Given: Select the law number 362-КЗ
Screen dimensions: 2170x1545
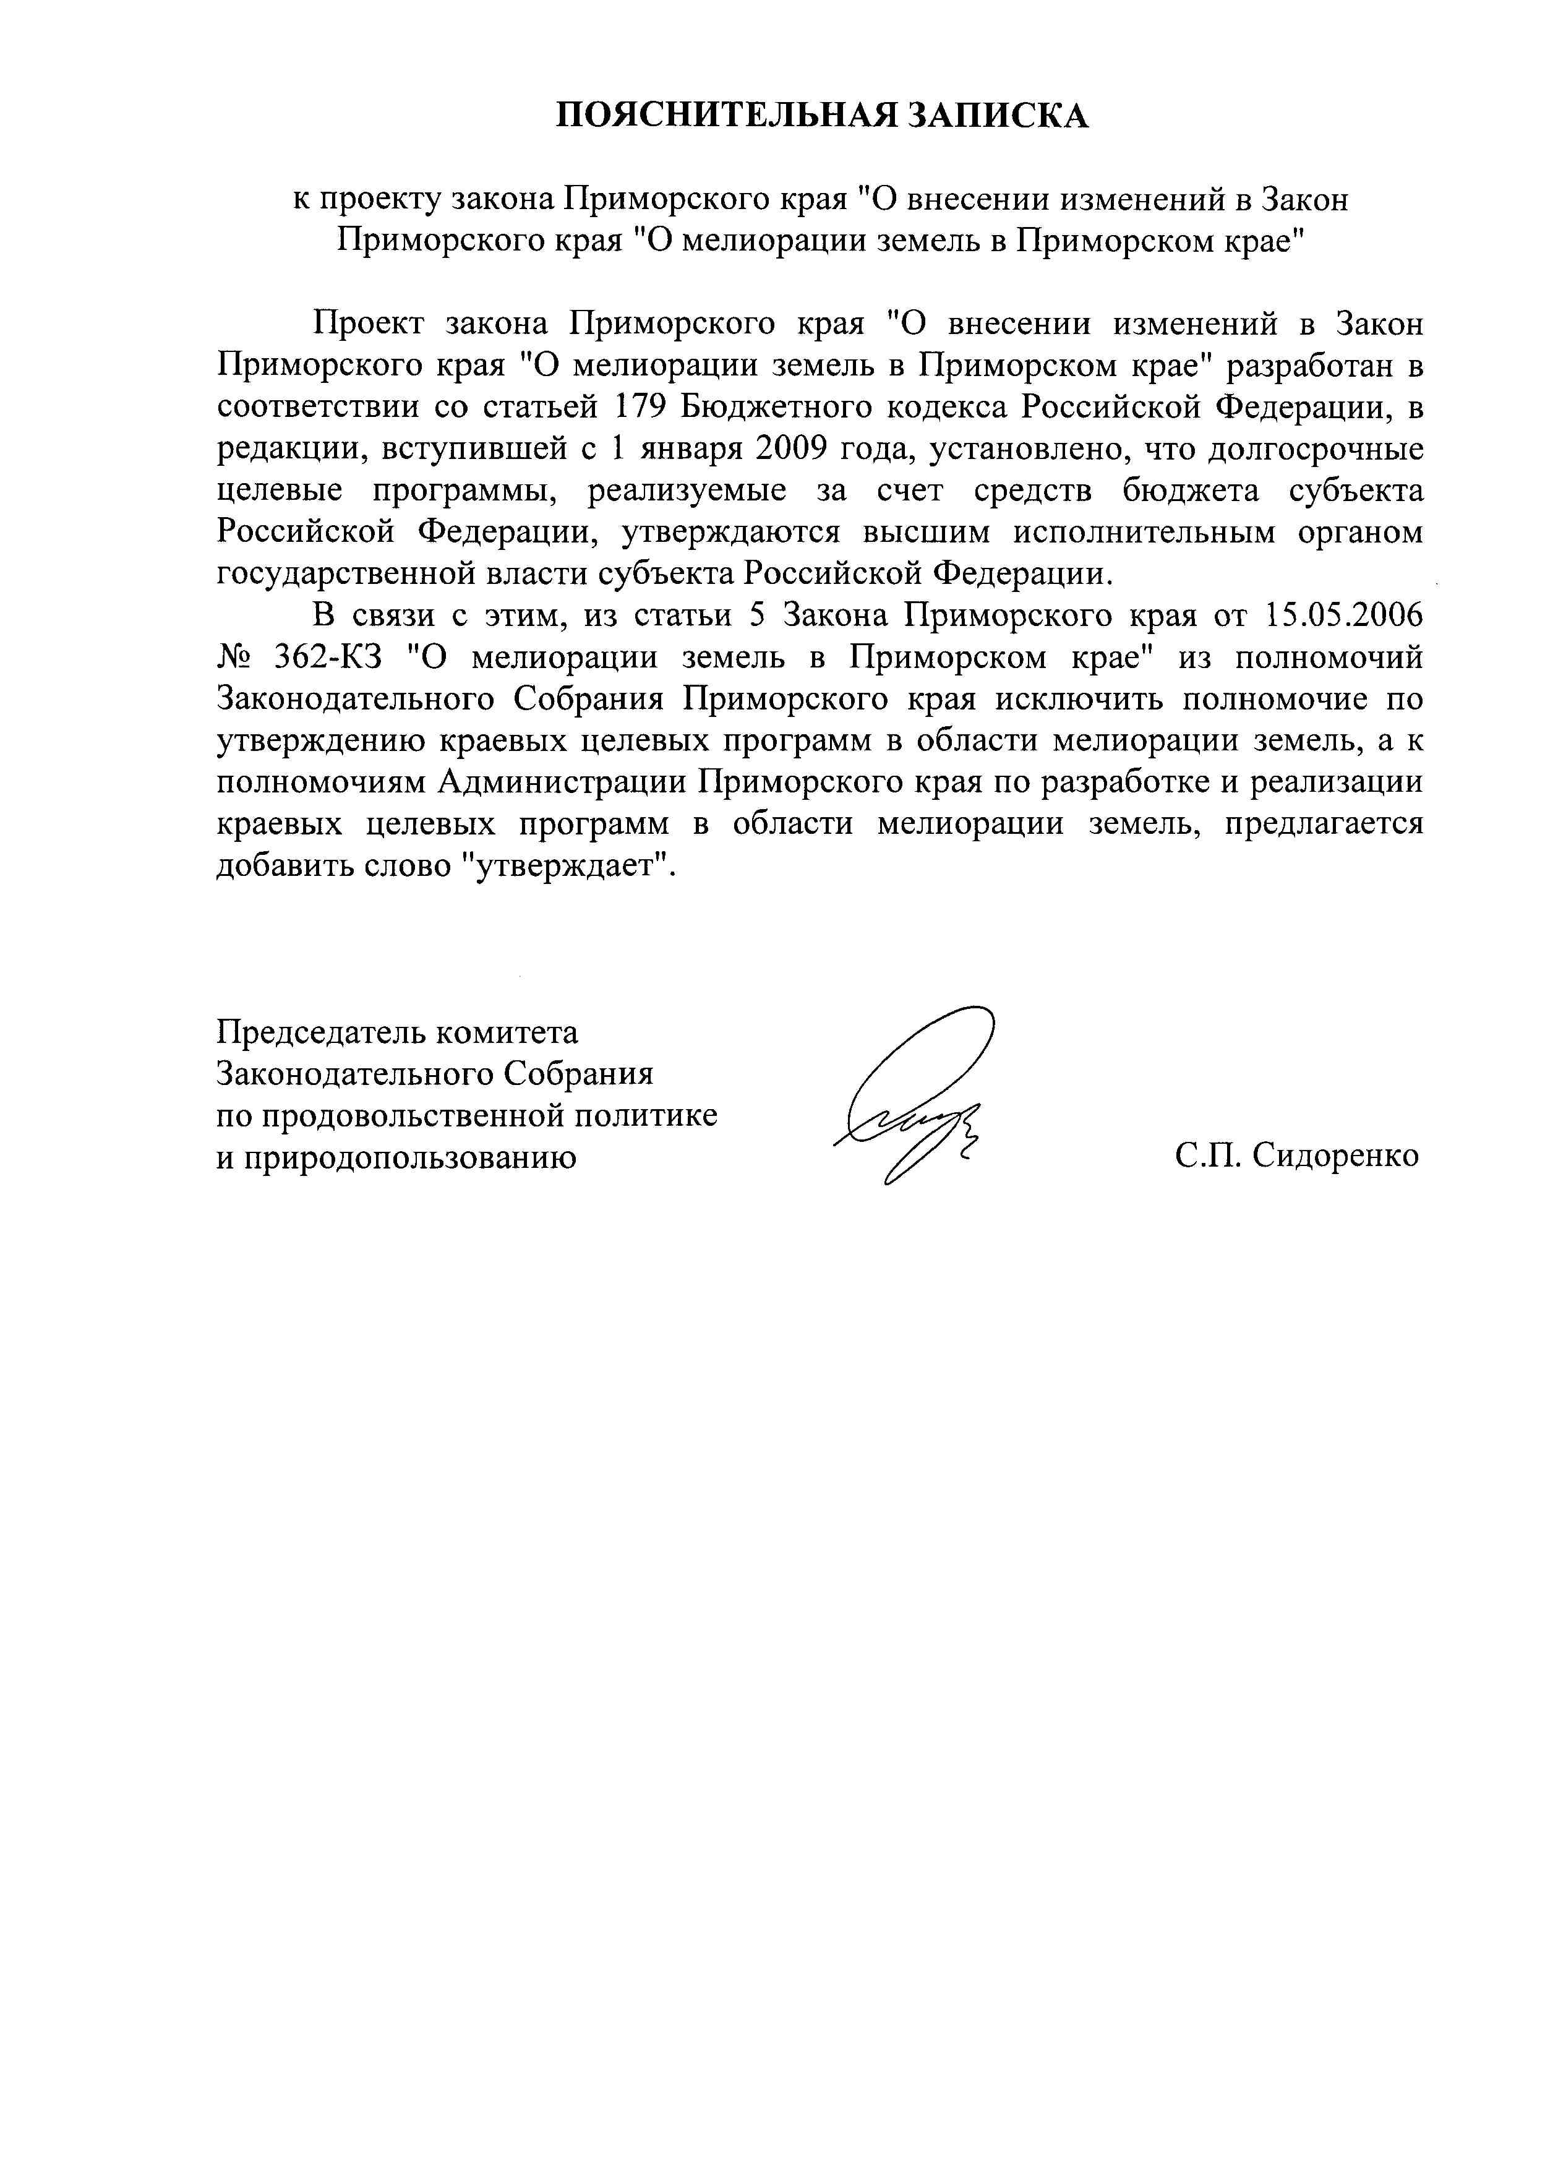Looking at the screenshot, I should pyautogui.click(x=327, y=658).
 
